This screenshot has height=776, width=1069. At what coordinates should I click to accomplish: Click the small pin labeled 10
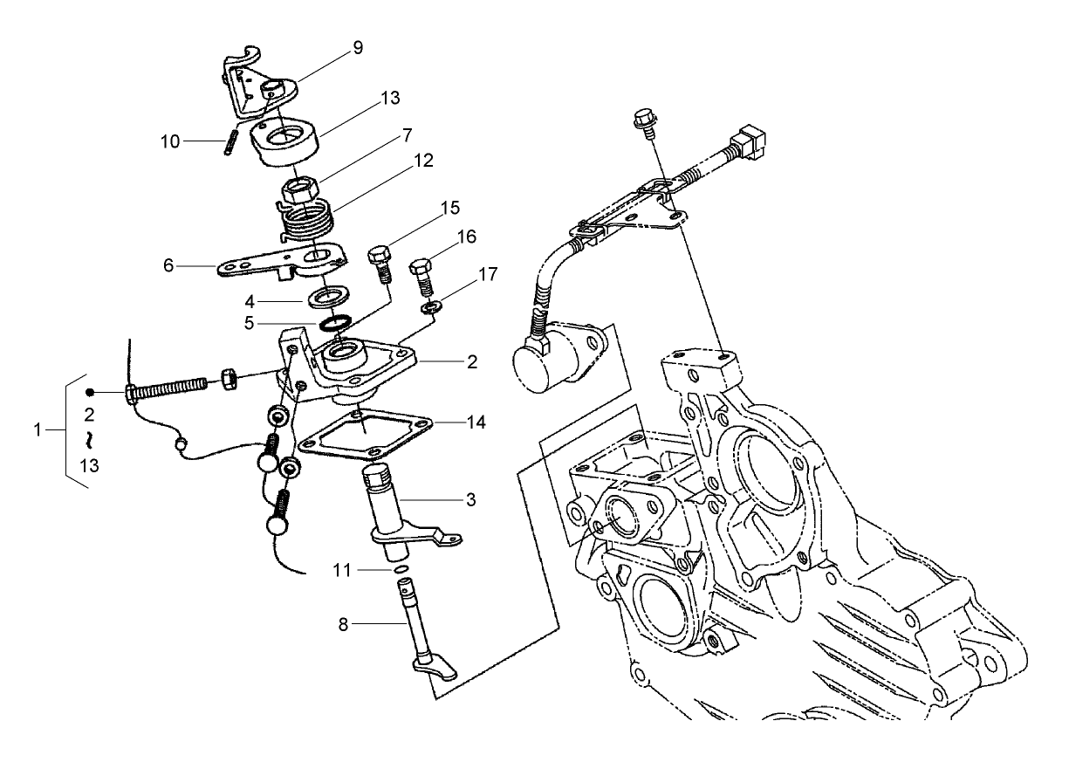click(229, 141)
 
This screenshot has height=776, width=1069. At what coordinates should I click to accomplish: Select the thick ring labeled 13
click(284, 140)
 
